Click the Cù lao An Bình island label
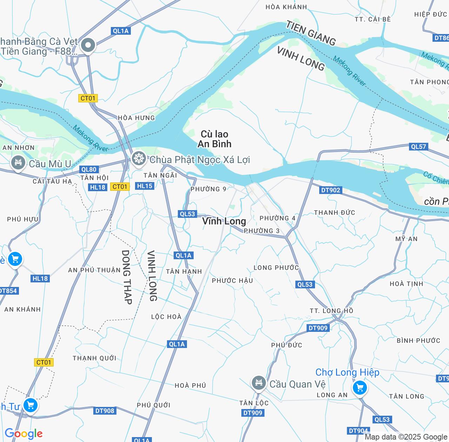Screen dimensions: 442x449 [214, 139]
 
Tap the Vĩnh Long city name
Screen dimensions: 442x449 [224, 221]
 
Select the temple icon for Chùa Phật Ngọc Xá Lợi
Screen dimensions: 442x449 [139, 158]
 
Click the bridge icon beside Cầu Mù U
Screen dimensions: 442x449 [18, 162]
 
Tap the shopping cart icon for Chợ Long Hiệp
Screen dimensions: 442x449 [360, 388]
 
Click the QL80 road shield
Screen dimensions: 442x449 [88, 169]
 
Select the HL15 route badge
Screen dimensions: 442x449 [145, 186]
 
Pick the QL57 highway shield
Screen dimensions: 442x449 [418, 147]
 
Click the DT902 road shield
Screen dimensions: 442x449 [330, 190]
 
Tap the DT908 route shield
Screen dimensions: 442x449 [105, 411]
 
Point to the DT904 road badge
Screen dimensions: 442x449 [358, 431]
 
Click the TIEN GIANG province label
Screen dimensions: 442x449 [311, 33]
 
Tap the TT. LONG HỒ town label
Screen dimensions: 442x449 [331, 311]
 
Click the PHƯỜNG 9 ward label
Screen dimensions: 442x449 [208, 189]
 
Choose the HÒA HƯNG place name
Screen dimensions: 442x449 [136, 118]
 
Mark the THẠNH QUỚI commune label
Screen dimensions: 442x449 [94, 358]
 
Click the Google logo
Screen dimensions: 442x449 [24, 434]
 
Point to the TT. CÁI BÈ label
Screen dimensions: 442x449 [373, 19]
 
